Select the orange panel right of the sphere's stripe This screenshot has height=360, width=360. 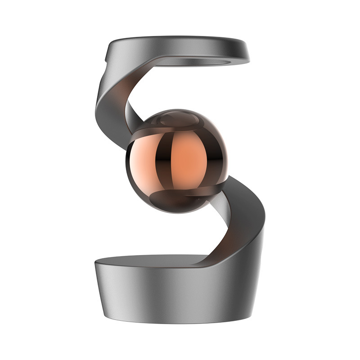191,160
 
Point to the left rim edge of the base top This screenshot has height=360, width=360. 96,264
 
